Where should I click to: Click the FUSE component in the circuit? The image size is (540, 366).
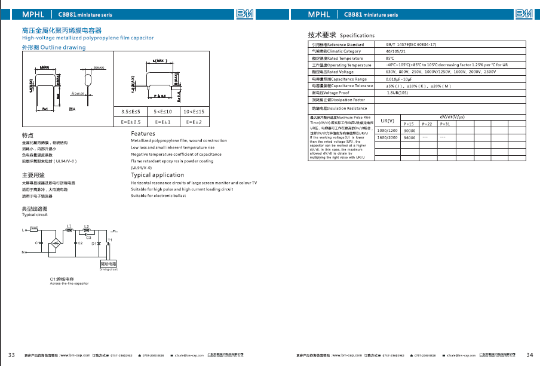click(34, 229)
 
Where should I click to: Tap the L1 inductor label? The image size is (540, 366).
click(69, 226)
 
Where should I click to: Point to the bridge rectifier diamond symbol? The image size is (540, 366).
click(56, 244)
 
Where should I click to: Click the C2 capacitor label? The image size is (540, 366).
click(79, 244)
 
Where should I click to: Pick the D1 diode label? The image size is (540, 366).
click(94, 244)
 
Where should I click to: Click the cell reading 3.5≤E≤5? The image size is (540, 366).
click(131, 112)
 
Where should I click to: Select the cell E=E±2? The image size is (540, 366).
click(193, 122)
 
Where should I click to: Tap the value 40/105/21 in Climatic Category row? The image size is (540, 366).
click(395, 51)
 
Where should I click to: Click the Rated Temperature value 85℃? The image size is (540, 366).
click(389, 59)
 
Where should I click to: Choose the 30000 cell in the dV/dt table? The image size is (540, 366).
click(410, 130)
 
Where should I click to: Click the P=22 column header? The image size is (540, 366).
click(427, 124)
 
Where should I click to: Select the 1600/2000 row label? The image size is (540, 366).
click(387, 137)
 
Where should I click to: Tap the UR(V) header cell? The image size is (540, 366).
click(387, 121)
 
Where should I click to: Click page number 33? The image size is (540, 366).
click(11, 355)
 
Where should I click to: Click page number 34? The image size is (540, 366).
click(529, 355)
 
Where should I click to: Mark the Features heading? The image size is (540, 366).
click(143, 134)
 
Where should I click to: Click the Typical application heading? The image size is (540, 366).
click(157, 176)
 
